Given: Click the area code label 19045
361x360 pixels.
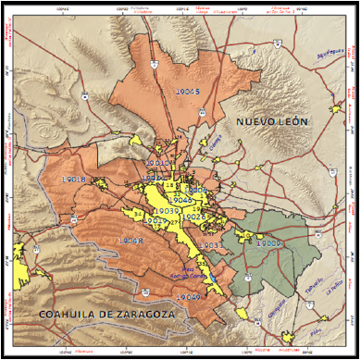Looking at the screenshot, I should (x=185, y=91).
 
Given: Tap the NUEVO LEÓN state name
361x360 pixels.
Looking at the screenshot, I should (x=271, y=122).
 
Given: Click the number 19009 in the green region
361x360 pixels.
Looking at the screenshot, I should (x=268, y=242).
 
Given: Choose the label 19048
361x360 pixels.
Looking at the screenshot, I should (x=131, y=241).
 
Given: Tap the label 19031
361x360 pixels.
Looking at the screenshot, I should (x=209, y=244).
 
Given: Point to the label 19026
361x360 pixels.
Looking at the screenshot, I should (x=193, y=217).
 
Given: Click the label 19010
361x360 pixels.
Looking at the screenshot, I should (x=158, y=163).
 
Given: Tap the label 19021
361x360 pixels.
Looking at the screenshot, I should (x=156, y=178).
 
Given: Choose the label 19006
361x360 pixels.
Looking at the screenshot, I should (x=194, y=190).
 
